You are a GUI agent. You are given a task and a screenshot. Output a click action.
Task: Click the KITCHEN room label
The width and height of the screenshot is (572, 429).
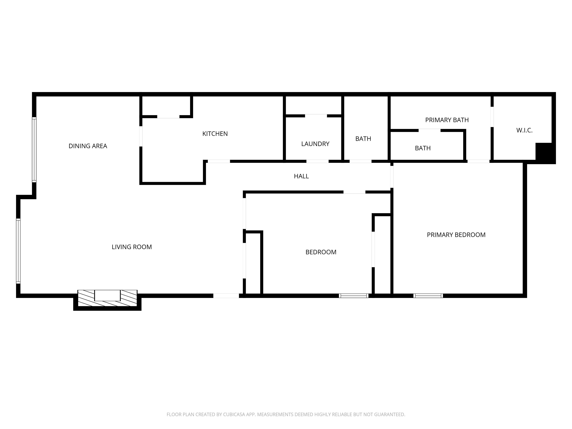(x=215, y=134)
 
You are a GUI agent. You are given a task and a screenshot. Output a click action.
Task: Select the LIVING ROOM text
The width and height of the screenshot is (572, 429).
(x=132, y=247)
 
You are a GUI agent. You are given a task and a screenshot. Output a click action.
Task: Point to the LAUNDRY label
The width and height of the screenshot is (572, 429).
(x=315, y=144)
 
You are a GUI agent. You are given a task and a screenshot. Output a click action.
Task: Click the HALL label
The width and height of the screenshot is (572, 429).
(x=301, y=176)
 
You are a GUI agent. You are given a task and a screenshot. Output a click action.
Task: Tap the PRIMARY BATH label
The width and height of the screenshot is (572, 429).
(x=447, y=120)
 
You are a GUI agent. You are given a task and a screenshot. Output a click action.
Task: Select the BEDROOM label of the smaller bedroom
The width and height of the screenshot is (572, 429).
(x=321, y=252)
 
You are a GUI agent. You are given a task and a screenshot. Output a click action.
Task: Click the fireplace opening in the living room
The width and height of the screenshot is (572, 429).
(x=107, y=295)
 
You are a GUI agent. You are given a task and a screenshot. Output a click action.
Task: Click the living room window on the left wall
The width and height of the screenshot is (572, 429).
(x=18, y=251)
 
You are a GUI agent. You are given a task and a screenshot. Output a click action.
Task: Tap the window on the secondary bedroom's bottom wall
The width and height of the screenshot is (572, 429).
(x=353, y=296)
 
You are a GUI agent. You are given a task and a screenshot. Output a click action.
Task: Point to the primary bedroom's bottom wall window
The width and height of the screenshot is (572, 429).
(x=428, y=296)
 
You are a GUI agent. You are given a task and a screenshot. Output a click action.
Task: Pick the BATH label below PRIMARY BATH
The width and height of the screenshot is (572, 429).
(x=423, y=148)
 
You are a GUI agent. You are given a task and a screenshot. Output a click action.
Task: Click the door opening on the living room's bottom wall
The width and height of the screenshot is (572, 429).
(x=226, y=296)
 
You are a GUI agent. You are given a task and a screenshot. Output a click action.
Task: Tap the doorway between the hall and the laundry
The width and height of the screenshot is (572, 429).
(x=317, y=161)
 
